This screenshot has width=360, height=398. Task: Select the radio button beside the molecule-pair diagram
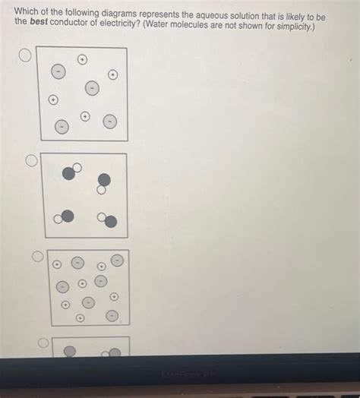pyautogui.click(x=32, y=160)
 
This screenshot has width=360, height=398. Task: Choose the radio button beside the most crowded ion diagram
pyautogui.click(x=37, y=257)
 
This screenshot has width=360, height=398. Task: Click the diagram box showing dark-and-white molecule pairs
pyautogui.click(x=84, y=195)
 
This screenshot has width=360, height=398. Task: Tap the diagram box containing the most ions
pyautogui.click(x=87, y=287)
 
